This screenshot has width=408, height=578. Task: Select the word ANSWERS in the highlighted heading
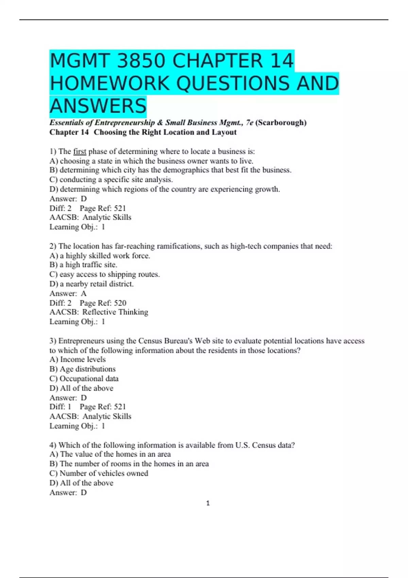point(98,106)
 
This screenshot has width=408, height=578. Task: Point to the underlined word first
point(80,151)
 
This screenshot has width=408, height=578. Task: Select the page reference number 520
point(120,303)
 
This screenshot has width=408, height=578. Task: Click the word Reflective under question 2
point(99,312)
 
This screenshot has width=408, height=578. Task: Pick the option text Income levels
point(83,359)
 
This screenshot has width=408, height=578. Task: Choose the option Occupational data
point(89,378)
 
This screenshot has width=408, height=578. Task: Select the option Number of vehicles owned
point(104,473)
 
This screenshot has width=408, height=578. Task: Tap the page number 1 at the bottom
point(208,503)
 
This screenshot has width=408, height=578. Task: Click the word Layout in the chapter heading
point(224,132)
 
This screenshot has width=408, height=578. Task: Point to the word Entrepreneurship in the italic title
point(124,122)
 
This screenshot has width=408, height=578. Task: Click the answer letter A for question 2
point(84,293)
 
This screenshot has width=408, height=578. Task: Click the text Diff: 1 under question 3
point(61,407)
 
